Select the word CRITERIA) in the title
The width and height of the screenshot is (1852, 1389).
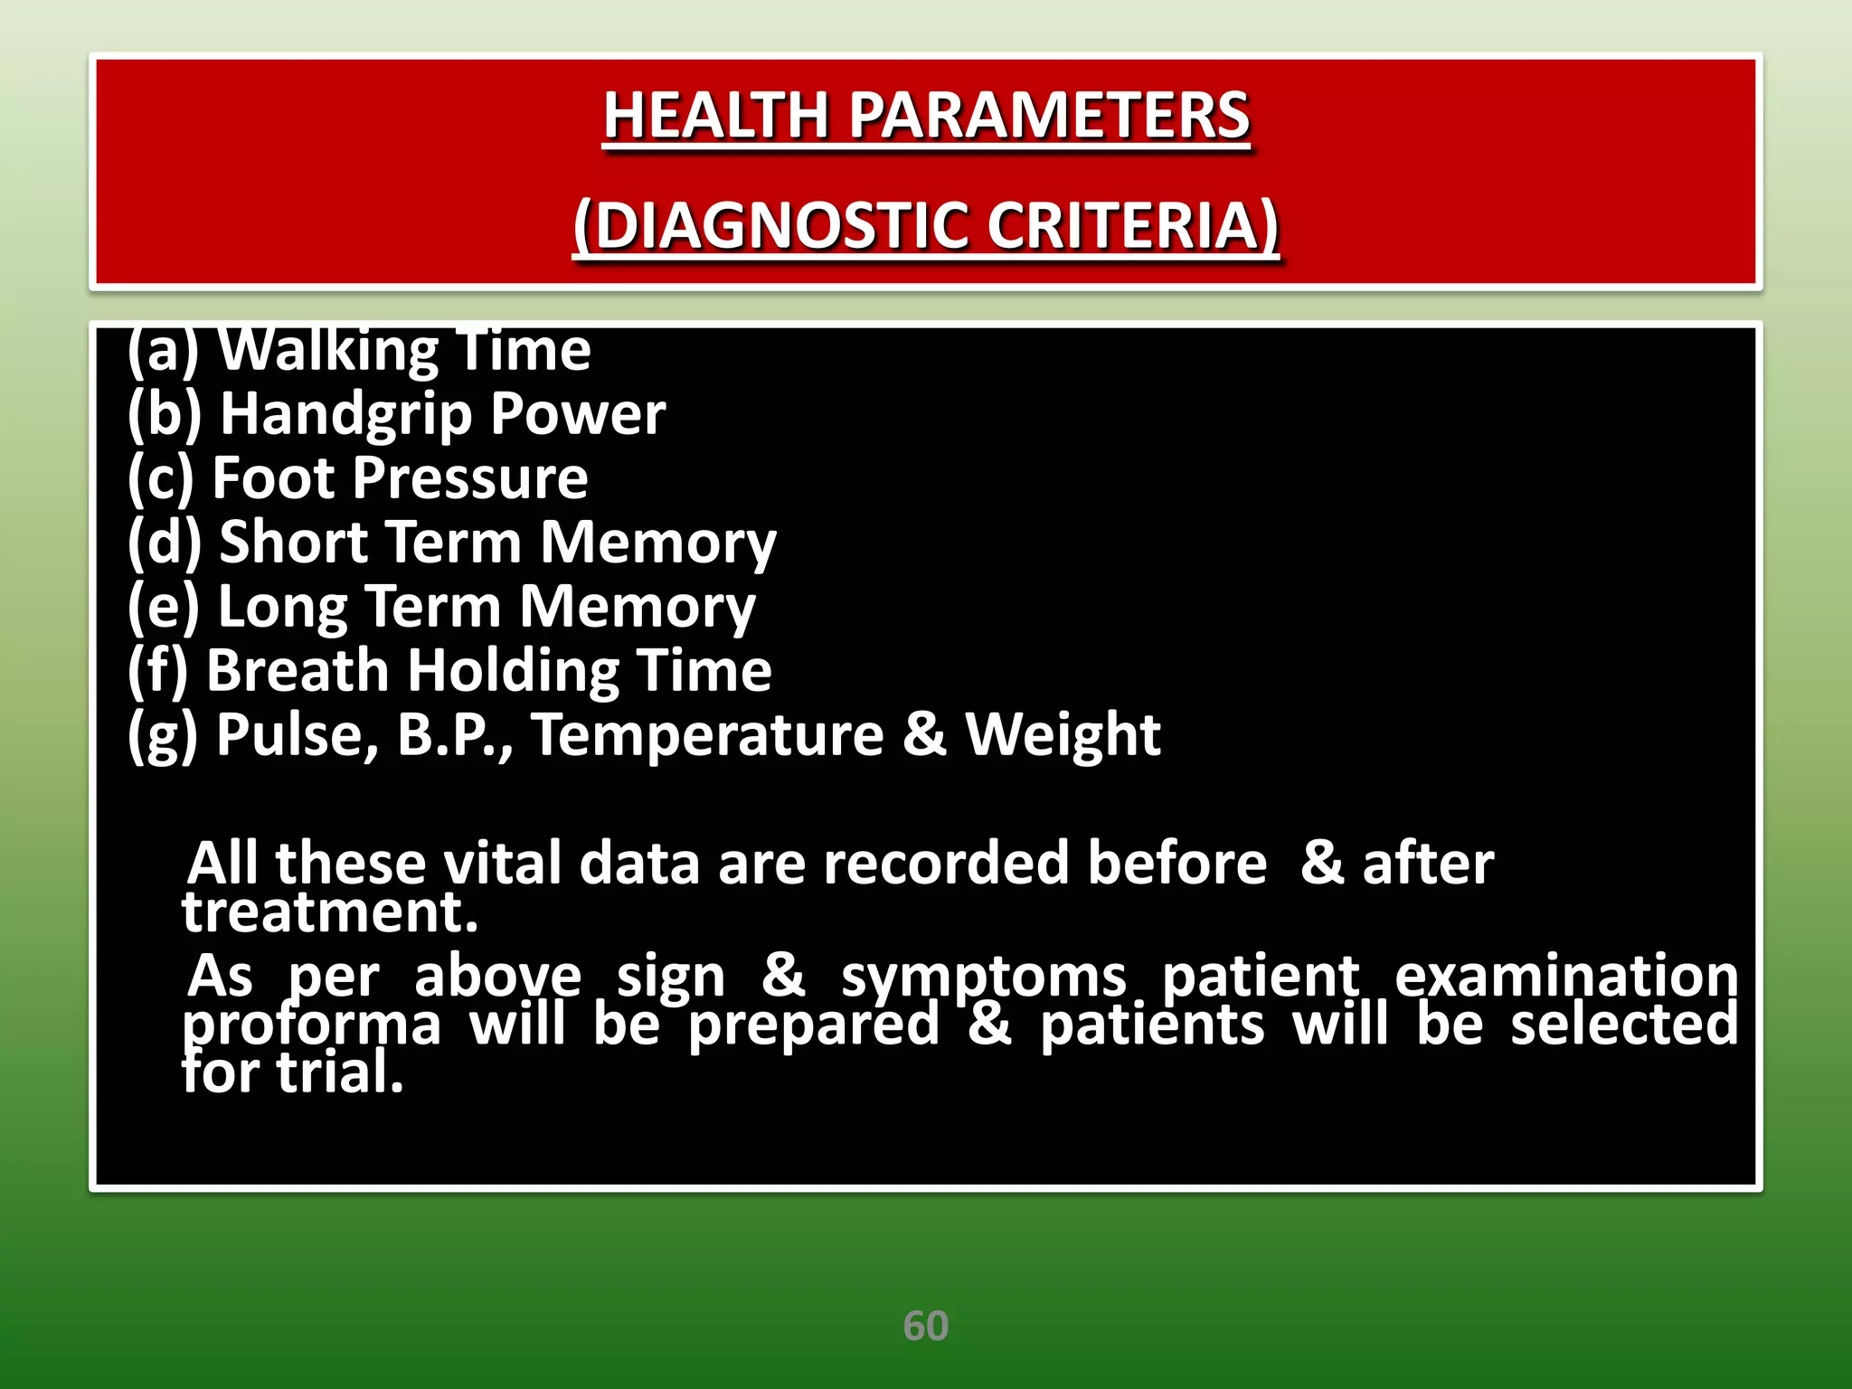[1132, 225]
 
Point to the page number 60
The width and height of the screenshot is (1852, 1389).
[925, 1326]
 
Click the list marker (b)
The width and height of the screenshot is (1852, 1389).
[164, 414]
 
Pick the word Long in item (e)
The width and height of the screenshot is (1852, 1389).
[282, 607]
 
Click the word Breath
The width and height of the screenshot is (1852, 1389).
[298, 670]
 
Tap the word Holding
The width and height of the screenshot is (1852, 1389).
[513, 672]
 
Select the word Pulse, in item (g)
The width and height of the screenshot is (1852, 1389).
[297, 734]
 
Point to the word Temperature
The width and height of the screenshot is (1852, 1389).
[707, 734]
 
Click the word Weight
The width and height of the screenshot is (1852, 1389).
[1063, 734]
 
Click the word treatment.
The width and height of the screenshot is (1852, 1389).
[330, 912]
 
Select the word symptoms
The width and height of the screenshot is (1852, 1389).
[984, 977]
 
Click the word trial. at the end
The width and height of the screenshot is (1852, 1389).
[340, 1073]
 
